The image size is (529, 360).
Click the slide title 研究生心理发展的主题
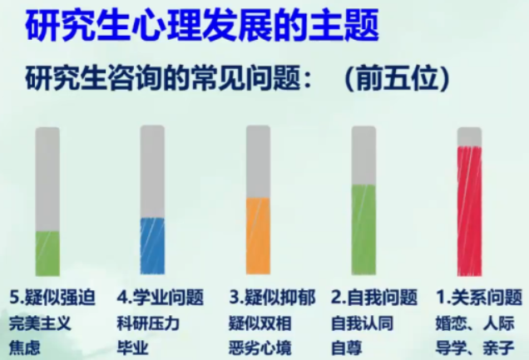tap(202, 26)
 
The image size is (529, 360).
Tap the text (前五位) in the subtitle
tap(397, 80)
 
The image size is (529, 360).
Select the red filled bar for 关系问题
tap(469, 211)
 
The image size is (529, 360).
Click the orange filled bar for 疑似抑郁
tap(258, 236)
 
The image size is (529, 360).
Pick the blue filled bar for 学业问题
tap(152, 246)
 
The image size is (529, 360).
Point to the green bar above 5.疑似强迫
tap(47, 254)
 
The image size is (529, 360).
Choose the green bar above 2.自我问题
tap(363, 229)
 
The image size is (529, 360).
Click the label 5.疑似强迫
tap(52, 298)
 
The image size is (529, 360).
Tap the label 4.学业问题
tap(161, 298)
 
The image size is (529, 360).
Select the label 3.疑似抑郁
tap(272, 298)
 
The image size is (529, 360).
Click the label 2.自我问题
tap(374, 298)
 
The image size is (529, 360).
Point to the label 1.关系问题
tap(479, 298)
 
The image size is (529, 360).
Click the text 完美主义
tap(40, 323)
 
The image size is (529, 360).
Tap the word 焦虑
tap(25, 348)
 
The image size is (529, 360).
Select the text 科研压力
tap(148, 323)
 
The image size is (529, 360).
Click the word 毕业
tap(132, 348)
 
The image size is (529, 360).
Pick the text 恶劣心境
tap(260, 348)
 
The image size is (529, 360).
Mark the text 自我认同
tap(363, 323)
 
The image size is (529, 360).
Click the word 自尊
tap(347, 348)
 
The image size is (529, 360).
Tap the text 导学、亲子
tap(475, 348)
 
